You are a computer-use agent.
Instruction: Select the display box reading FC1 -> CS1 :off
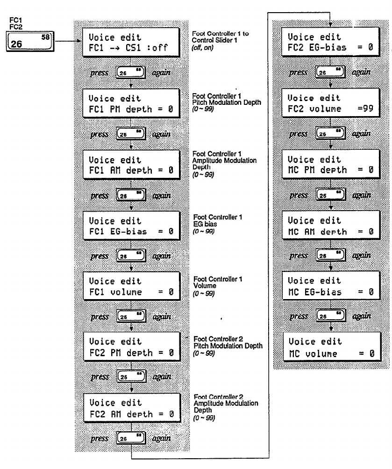pos(131,42)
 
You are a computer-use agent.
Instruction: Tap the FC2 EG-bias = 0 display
pos(331,42)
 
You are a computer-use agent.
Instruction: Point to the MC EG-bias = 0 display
pos(331,286)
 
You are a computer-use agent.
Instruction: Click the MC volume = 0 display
pos(331,346)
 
